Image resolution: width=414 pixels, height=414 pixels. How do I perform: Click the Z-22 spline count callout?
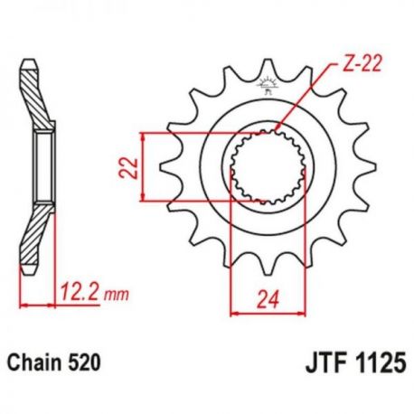point(362,63)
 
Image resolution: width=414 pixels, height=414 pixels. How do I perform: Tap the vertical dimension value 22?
point(128,167)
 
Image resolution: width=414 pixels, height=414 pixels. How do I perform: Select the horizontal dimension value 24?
point(268,299)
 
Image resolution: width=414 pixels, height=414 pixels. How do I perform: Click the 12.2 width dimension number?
point(80,291)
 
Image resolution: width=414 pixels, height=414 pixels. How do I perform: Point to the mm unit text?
point(116,295)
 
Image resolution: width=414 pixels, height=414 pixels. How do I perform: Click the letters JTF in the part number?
point(325,363)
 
